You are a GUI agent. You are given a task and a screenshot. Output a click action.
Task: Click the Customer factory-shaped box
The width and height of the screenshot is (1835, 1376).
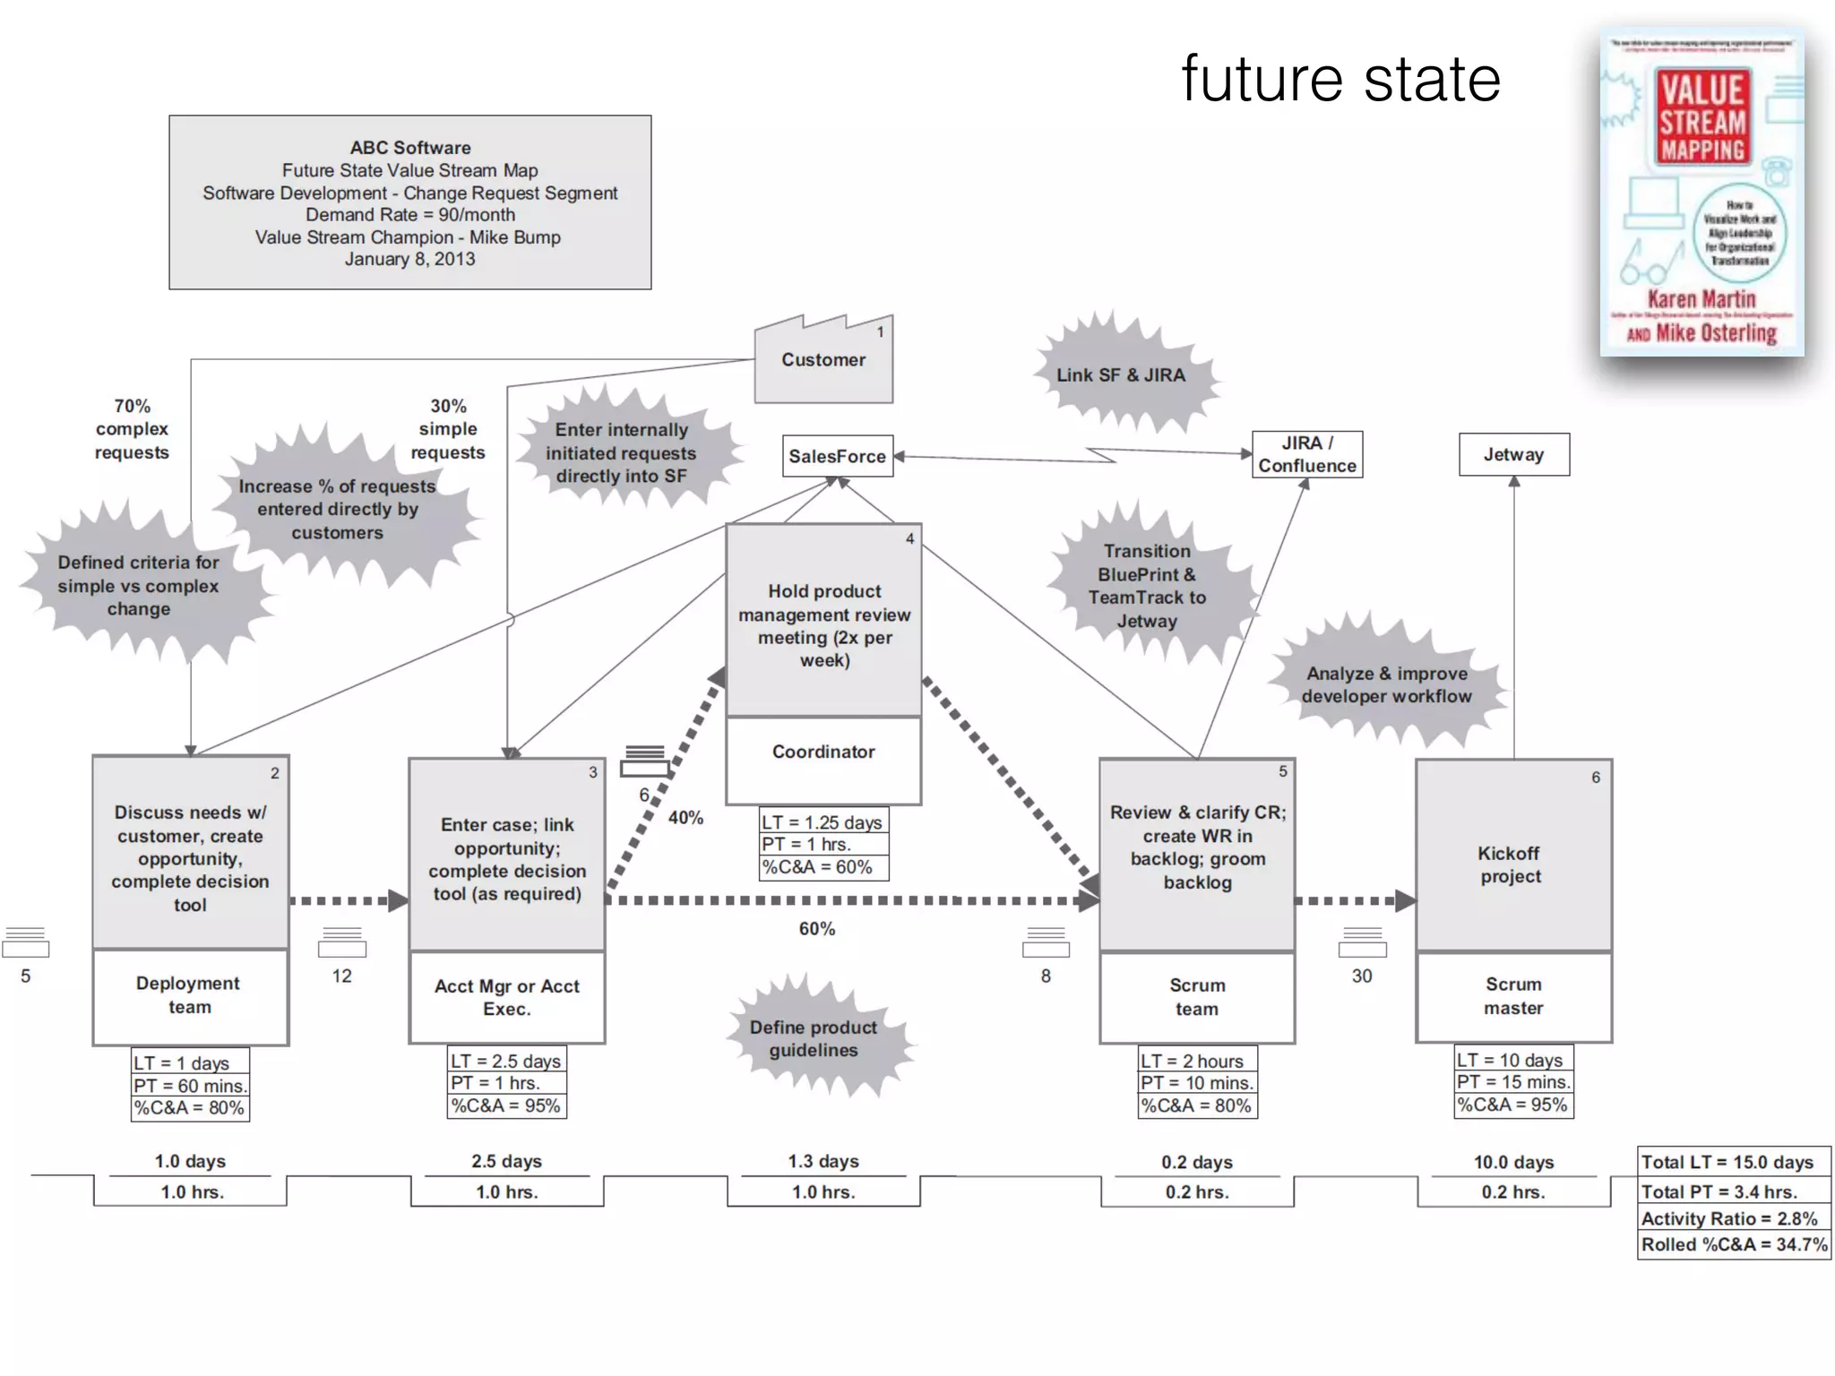[823, 360]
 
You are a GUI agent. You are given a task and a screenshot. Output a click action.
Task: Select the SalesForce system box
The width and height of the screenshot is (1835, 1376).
[837, 456]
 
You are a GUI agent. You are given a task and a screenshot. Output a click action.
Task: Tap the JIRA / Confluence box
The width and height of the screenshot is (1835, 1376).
[1306, 454]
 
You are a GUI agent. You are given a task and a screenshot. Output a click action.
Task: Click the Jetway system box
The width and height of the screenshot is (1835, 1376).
[1513, 454]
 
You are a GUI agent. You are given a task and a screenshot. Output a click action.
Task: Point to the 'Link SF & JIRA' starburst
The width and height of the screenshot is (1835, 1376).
[1121, 375]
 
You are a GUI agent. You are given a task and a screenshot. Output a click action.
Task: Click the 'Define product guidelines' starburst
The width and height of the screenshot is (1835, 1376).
[814, 1039]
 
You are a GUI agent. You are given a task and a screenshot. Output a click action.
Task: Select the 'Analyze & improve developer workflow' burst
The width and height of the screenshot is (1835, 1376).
[1386, 684]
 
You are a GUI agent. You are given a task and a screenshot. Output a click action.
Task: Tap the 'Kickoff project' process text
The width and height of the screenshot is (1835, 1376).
[1511, 864]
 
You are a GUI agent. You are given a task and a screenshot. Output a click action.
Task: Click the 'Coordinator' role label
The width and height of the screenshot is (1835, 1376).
[823, 752]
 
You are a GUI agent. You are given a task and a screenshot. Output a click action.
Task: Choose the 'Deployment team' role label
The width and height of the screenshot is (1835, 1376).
[189, 994]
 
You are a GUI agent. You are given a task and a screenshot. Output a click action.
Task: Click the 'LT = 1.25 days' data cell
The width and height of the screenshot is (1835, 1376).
[823, 821]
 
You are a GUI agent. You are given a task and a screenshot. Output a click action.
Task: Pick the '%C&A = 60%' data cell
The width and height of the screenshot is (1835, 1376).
[817, 867]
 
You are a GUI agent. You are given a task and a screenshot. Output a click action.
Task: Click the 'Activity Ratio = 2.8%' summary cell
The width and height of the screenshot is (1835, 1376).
[1729, 1218]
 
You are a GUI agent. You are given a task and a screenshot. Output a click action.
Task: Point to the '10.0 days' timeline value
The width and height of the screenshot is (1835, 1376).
[1513, 1162]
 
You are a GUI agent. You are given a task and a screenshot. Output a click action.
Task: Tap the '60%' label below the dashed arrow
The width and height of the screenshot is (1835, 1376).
[816, 929]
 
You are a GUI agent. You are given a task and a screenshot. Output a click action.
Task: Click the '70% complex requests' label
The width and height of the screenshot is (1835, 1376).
[132, 429]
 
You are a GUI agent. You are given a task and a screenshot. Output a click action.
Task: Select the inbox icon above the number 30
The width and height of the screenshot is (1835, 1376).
[1362, 943]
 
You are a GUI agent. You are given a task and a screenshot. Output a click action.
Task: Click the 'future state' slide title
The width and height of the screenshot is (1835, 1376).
[1340, 79]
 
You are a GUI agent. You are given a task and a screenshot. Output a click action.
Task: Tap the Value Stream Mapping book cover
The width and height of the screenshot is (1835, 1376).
[1701, 194]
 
